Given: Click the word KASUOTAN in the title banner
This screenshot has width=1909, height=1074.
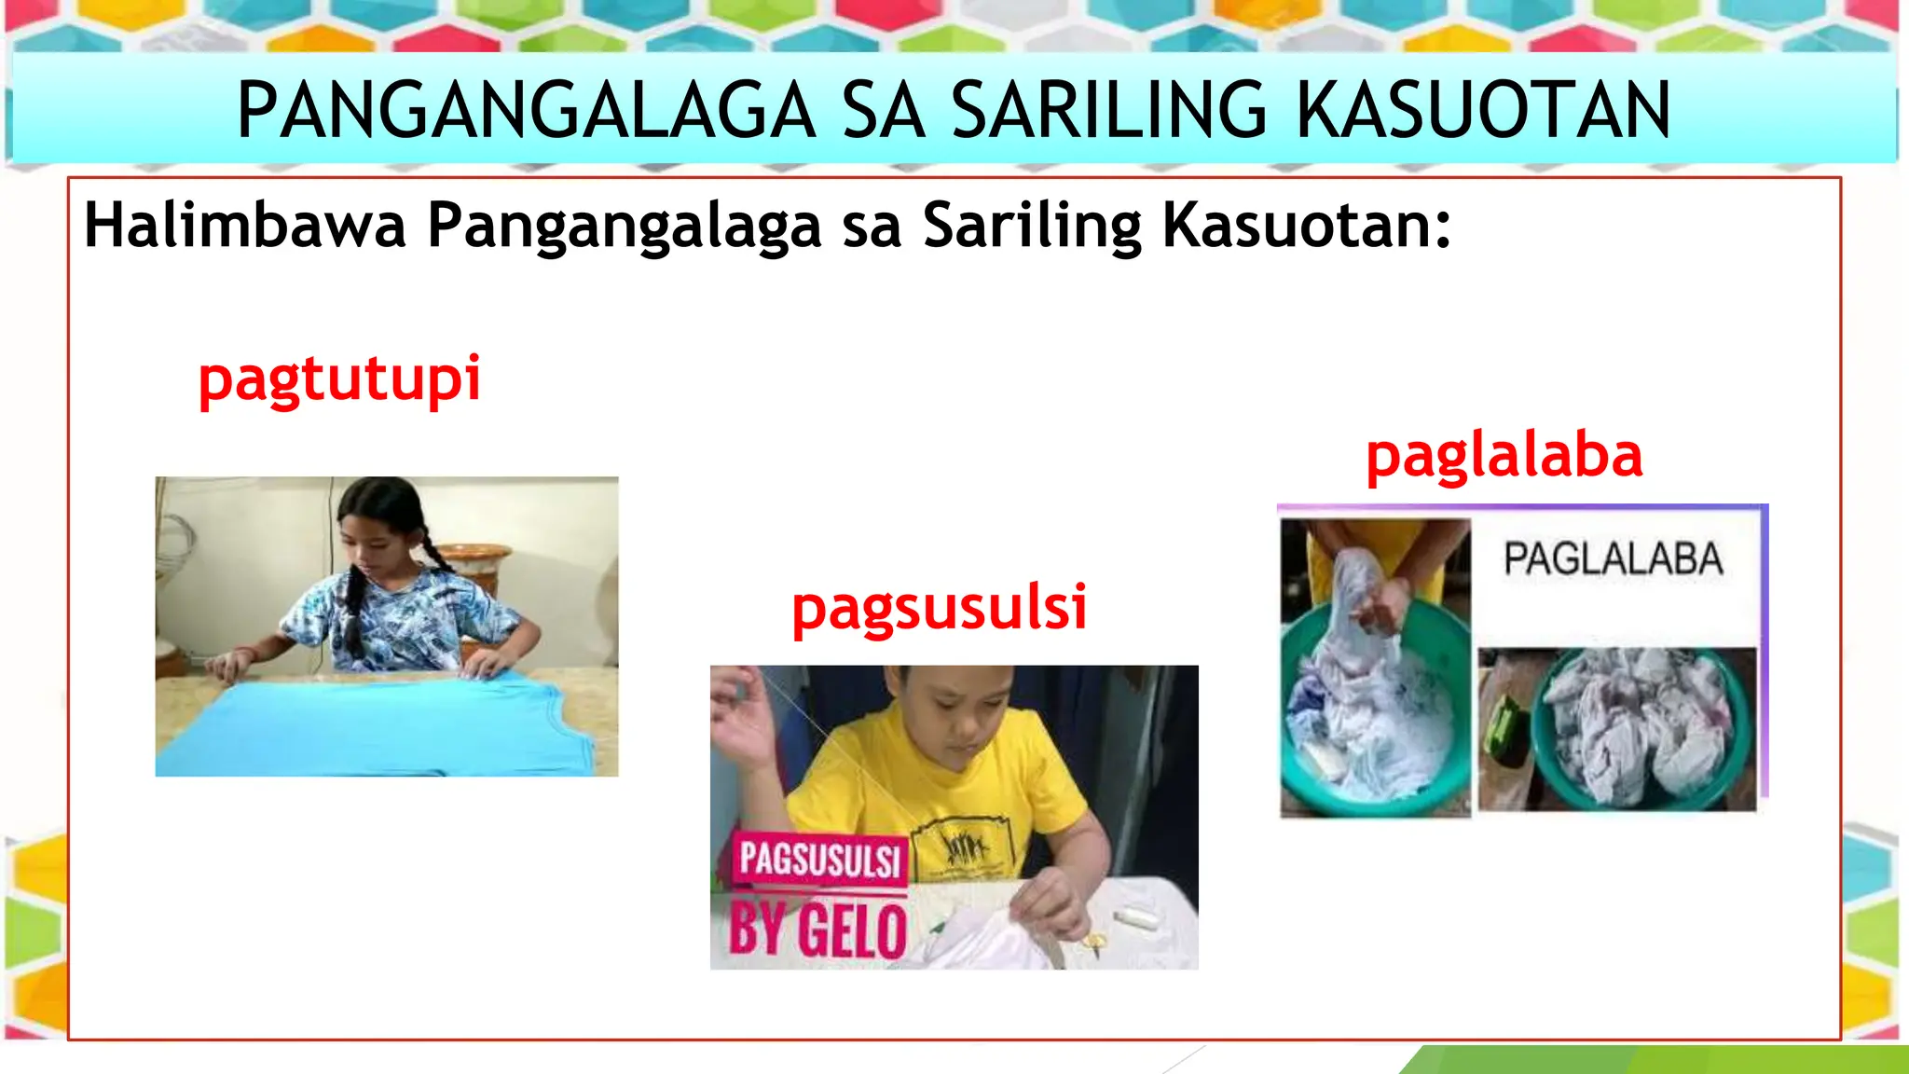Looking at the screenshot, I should [1484, 110].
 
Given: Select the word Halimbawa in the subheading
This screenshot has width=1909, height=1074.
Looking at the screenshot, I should [245, 226].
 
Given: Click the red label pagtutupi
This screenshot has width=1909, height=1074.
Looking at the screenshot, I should [339, 379].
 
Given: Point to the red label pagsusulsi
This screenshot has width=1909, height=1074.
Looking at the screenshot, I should [940, 608].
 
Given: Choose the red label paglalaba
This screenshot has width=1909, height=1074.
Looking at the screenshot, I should [1504, 456].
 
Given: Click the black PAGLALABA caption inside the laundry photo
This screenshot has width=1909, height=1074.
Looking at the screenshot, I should [1613, 559].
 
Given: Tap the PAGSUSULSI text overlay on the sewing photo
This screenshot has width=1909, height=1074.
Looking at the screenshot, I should [819, 859].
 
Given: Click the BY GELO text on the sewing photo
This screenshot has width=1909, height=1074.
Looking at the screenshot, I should [817, 929].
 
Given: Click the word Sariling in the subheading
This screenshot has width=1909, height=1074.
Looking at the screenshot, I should [1032, 226].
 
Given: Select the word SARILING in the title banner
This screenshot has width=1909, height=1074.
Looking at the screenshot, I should [1109, 110].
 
